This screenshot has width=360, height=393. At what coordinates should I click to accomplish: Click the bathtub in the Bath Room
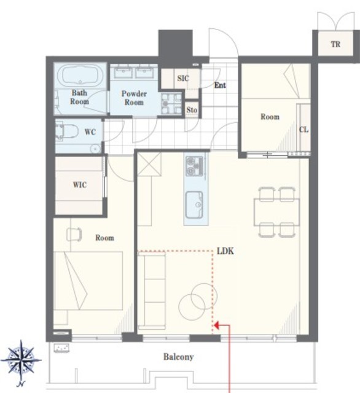click(80, 76)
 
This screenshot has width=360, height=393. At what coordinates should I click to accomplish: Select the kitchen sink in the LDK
click(194, 204)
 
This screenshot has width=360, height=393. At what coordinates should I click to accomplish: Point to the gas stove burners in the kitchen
click(195, 166)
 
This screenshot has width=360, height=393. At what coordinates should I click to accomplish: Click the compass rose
click(22, 362)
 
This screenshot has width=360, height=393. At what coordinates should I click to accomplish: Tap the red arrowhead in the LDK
click(217, 325)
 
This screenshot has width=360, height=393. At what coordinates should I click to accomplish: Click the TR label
click(335, 44)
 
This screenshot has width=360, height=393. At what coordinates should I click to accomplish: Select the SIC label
click(182, 78)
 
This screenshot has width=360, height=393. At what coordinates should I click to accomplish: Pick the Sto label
click(192, 110)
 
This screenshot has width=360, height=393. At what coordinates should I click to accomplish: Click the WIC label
click(80, 185)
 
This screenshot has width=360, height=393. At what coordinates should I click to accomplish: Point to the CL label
click(304, 130)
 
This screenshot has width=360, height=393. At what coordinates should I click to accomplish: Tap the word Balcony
click(179, 357)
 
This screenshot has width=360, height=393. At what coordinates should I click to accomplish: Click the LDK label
click(225, 251)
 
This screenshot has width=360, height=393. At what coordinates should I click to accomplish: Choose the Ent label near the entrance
click(220, 85)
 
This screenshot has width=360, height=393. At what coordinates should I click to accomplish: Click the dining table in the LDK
click(277, 212)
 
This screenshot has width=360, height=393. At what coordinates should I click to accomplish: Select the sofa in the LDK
click(152, 290)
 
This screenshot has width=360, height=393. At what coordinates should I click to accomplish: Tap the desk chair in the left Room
click(74, 235)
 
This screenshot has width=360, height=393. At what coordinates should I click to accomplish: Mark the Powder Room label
click(134, 98)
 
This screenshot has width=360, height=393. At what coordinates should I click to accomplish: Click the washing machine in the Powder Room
click(171, 103)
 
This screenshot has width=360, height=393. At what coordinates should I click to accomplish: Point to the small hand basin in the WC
click(95, 149)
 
